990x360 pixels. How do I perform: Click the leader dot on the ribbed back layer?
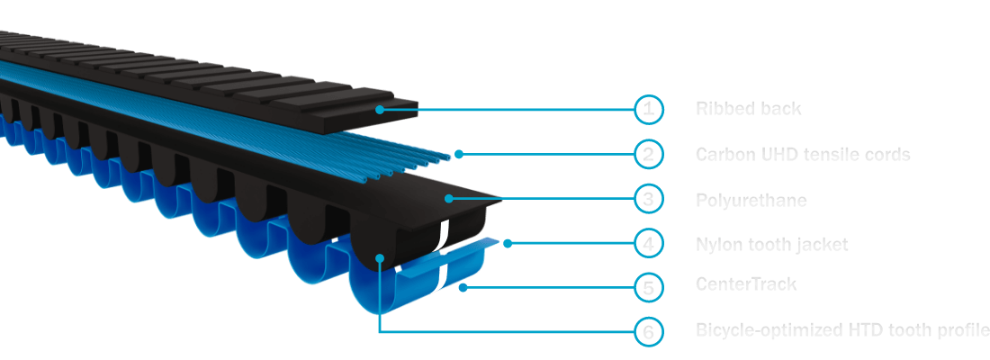[x=381, y=110]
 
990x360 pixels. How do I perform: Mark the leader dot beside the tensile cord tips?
[x=459, y=154]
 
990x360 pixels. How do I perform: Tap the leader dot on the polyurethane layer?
[x=447, y=198]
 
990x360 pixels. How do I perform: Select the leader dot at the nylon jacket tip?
[x=508, y=243]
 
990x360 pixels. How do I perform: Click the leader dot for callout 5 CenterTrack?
[x=462, y=287]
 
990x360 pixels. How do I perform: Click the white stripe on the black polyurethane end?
[x=442, y=236]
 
